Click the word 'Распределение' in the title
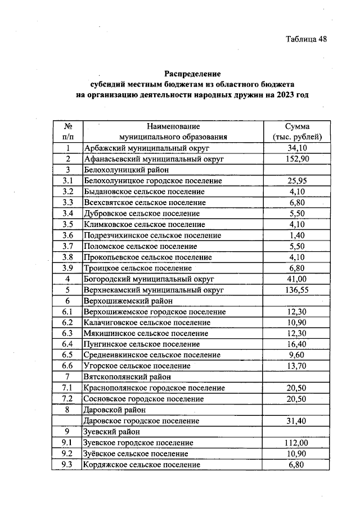pyautogui.click(x=193, y=74)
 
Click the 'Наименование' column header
pyautogui.click(x=173, y=126)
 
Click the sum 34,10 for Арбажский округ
pyautogui.click(x=297, y=148)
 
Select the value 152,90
pyautogui.click(x=297, y=159)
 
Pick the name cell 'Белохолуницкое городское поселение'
pyautogui.click(x=152, y=181)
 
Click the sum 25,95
pyautogui.click(x=297, y=181)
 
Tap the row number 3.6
pyautogui.click(x=68, y=235)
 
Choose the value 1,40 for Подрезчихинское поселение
pyautogui.click(x=297, y=235)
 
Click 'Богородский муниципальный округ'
pyautogui.click(x=149, y=279)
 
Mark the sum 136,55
pyautogui.click(x=297, y=290)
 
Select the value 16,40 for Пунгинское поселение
pyautogui.click(x=297, y=344)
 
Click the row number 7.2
pyautogui.click(x=68, y=398)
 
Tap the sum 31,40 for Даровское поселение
pyautogui.click(x=297, y=420)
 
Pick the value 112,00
pyautogui.click(x=297, y=442)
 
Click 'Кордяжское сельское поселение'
pyautogui.click(x=141, y=464)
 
